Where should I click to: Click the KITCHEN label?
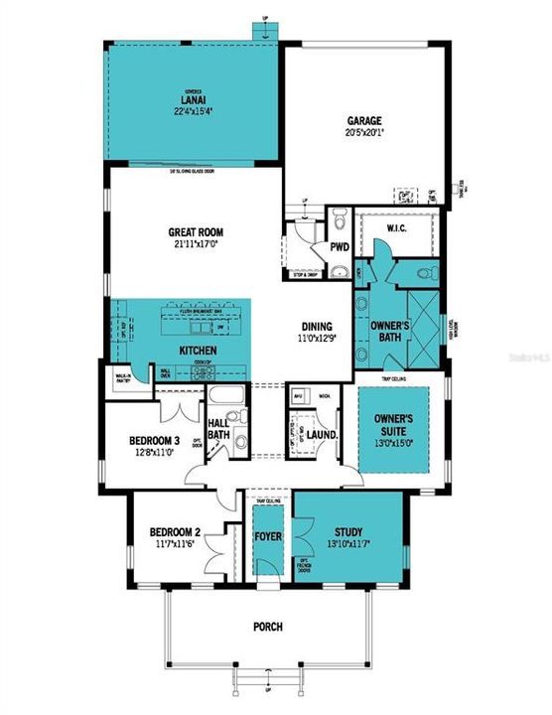[198, 352]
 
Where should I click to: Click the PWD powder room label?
[339, 246]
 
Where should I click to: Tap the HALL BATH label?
[218, 429]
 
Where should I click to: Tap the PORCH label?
[268, 627]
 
